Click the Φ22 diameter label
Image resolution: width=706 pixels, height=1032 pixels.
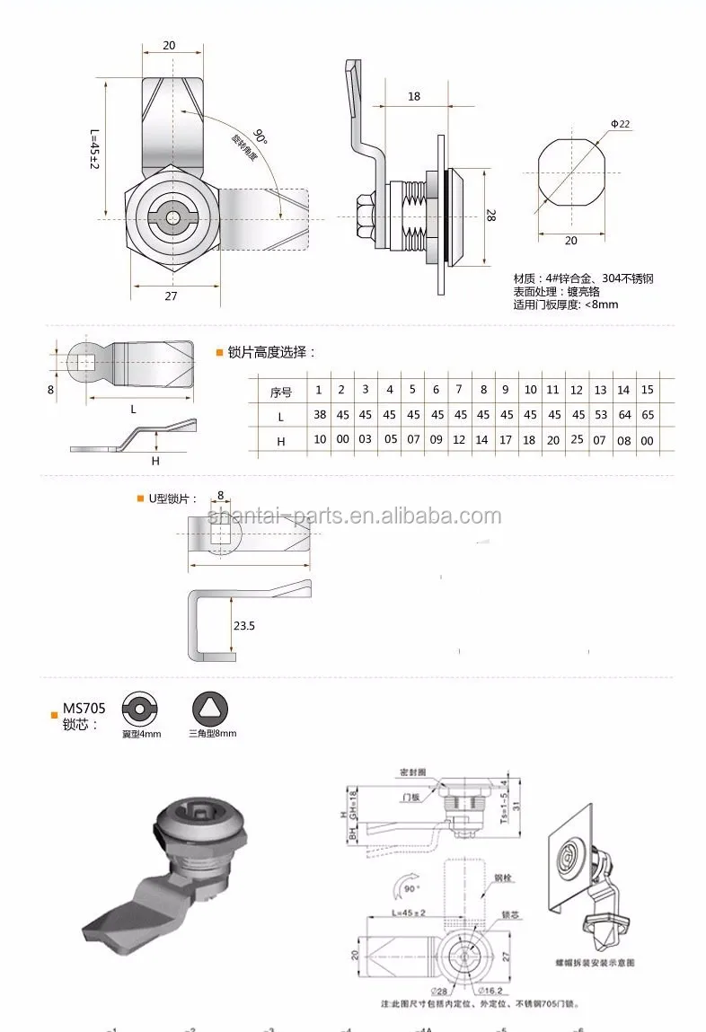621,122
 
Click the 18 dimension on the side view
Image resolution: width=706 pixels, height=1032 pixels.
413,96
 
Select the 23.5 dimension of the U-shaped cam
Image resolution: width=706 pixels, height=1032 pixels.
244,625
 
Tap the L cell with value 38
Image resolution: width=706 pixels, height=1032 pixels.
318,415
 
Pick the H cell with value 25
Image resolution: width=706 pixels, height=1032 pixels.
577,440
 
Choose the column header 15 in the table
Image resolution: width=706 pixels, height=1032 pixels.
648,390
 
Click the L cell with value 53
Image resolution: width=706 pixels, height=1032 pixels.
600,415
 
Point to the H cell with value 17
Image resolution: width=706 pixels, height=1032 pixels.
507,440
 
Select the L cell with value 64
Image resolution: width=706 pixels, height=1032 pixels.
624,415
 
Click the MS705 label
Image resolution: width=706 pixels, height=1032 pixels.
84,709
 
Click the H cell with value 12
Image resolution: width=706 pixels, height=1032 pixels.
460,440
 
